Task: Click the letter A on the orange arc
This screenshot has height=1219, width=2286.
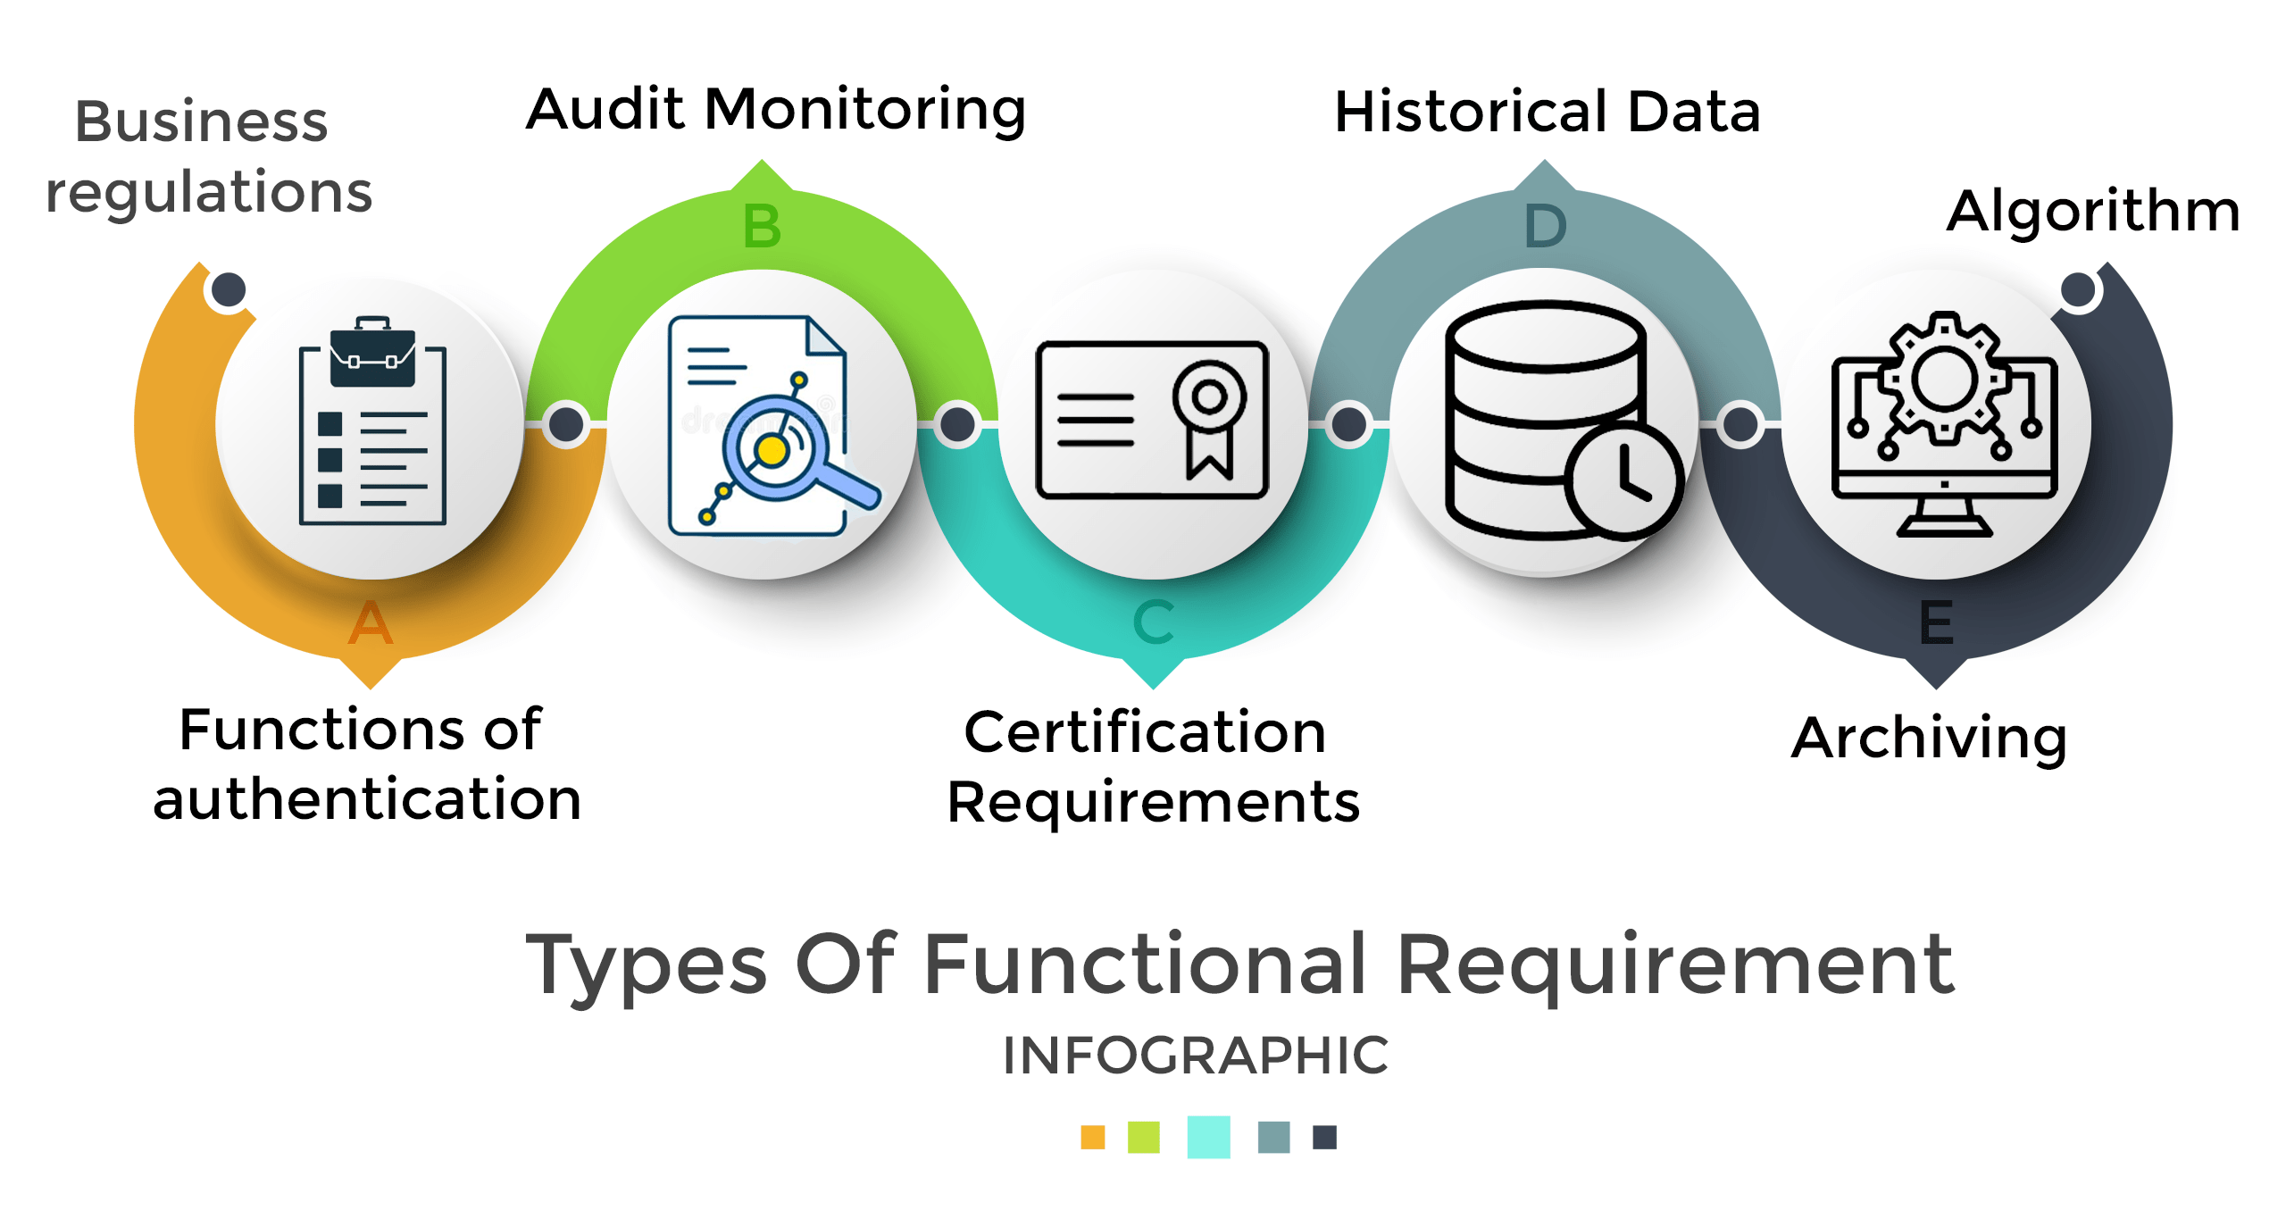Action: pyautogui.click(x=370, y=622)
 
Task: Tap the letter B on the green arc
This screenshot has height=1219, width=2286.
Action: pyautogui.click(x=762, y=227)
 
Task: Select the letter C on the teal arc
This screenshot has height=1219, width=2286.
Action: pyautogui.click(x=1153, y=622)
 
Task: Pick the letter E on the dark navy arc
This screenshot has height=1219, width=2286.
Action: pyautogui.click(x=1936, y=622)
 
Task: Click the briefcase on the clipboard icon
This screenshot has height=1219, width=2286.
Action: pyautogui.click(x=372, y=355)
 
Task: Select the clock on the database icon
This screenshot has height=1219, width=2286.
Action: pyautogui.click(x=1623, y=480)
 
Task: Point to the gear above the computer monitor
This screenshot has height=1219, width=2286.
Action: pyautogui.click(x=1944, y=378)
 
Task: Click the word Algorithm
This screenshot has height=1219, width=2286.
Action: pyautogui.click(x=2093, y=213)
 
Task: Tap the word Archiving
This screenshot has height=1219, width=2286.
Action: pyautogui.click(x=1929, y=739)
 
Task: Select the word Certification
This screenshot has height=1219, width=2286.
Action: pyautogui.click(x=1145, y=733)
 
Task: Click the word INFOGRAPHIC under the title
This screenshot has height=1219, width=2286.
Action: pyautogui.click(x=1195, y=1056)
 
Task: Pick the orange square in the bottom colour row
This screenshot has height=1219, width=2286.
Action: pyautogui.click(x=1092, y=1137)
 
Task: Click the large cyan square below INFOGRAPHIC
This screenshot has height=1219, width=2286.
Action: pyautogui.click(x=1208, y=1137)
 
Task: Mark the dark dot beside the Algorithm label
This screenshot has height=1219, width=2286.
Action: pyautogui.click(x=2078, y=289)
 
